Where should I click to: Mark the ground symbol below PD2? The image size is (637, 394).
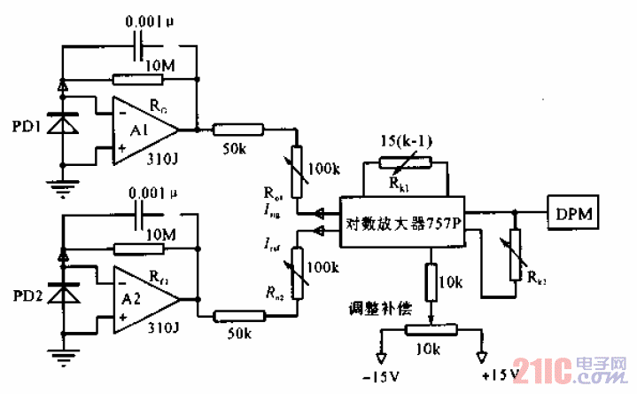click(x=62, y=356)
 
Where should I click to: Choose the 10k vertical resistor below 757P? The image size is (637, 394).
click(x=431, y=282)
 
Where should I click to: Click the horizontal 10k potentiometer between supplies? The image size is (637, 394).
click(x=431, y=330)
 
